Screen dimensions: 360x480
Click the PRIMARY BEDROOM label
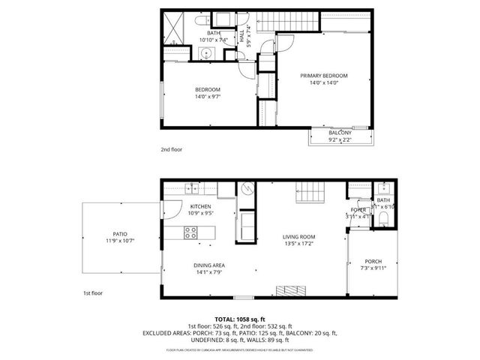[x=323, y=76]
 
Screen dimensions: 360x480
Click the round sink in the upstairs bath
[x=205, y=53]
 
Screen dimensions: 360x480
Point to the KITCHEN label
[x=200, y=206]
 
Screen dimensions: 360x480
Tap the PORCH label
[x=372, y=262]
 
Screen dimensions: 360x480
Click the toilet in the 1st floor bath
[x=382, y=218]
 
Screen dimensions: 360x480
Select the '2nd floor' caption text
[x=171, y=149]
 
